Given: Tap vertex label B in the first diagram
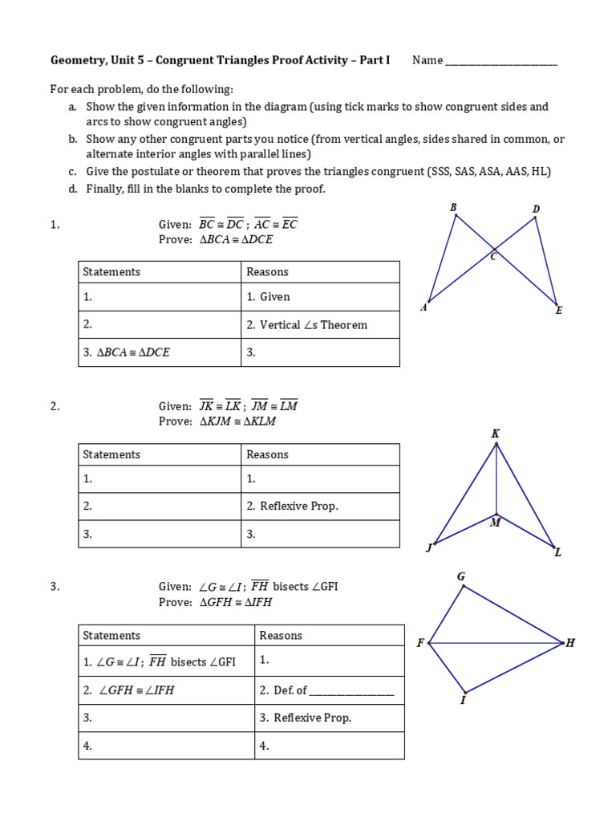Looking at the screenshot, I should (453, 207).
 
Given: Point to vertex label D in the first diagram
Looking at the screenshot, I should (537, 210).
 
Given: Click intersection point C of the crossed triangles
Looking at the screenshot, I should (494, 257).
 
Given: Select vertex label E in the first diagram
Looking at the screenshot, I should (559, 311).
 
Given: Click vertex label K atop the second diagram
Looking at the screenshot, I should (495, 434).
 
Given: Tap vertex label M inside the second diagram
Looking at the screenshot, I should (495, 523).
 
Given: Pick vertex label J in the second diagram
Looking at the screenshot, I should (429, 548).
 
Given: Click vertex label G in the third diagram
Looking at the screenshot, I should (461, 576).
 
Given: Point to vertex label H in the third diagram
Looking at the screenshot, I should (570, 643).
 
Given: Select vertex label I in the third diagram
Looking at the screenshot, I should (463, 700).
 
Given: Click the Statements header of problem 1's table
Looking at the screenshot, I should (111, 272).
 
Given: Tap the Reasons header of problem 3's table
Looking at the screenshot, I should (281, 636).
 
